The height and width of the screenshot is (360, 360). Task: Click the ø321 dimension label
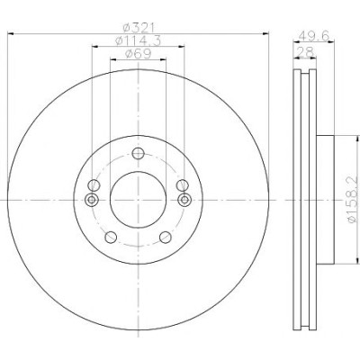pyautogui.click(x=139, y=28)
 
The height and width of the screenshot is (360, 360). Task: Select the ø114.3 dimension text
pyautogui.click(x=139, y=40)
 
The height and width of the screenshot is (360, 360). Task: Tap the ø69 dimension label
pyautogui.click(x=138, y=54)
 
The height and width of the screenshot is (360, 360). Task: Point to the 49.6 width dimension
pyautogui.click(x=314, y=36)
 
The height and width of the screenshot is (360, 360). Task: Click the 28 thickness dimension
pyautogui.click(x=305, y=52)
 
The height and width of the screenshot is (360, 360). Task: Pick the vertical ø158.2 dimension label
pyautogui.click(x=353, y=200)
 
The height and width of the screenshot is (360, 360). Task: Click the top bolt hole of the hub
pyautogui.click(x=139, y=154)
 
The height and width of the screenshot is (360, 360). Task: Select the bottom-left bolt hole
pyautogui.click(x=111, y=238)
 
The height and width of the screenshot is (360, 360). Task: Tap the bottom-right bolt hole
pyautogui.click(x=166, y=238)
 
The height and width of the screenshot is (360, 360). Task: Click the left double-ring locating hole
pyautogui.click(x=92, y=200)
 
